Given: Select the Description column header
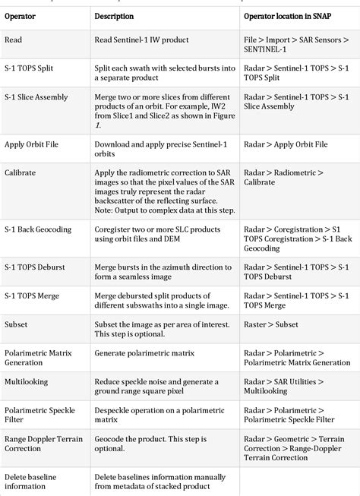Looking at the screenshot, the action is click(114, 16).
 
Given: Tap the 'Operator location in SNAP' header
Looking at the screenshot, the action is click(292, 16).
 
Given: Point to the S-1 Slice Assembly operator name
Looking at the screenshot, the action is click(36, 97).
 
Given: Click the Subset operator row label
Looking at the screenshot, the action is click(16, 324).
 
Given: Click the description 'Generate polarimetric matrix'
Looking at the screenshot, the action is click(144, 353).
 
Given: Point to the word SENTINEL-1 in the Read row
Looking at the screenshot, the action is click(267, 49).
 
